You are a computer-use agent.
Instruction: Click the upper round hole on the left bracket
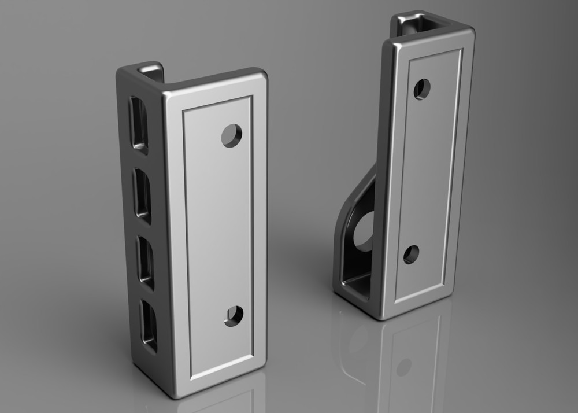tap(232, 135)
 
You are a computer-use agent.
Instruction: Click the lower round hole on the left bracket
tap(234, 316)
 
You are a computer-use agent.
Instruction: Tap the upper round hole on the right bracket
tap(422, 89)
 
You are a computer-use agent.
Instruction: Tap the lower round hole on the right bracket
tap(411, 255)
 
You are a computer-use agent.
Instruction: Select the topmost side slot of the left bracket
tap(139, 123)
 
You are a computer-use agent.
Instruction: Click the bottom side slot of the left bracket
tap(149, 326)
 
